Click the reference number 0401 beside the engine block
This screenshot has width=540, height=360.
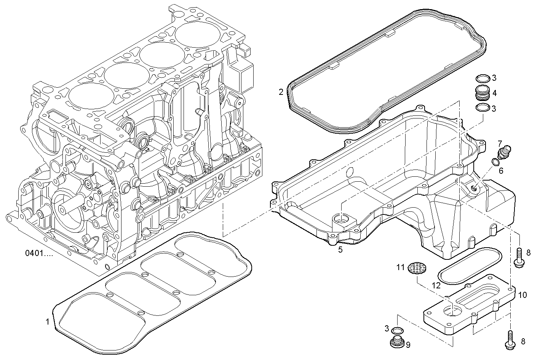pos(39,253)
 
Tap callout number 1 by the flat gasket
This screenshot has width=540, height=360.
pos(48,322)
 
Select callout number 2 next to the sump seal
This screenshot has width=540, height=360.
pos(281,92)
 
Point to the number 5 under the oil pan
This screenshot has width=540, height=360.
pos(340,250)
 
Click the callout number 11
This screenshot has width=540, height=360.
pos(399,267)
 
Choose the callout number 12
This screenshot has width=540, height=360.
pos(436,285)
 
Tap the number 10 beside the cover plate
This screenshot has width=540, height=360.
pos(522,295)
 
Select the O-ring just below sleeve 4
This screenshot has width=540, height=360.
pos(482,108)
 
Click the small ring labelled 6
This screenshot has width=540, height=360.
pos(495,163)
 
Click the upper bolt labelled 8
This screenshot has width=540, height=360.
pos(519,258)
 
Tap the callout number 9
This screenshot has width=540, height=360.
pos(408,345)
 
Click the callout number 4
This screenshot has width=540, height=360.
pos(494,93)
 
